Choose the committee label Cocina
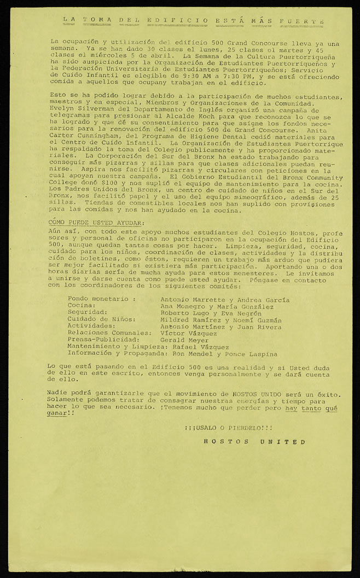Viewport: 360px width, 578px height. (x=82, y=306)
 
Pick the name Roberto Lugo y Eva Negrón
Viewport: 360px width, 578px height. (x=211, y=313)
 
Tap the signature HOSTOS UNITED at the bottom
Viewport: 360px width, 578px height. (x=254, y=441)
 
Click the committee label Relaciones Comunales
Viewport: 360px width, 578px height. (x=109, y=333)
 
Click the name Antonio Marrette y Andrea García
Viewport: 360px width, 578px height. (x=225, y=300)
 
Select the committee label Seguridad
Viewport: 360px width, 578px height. (x=86, y=313)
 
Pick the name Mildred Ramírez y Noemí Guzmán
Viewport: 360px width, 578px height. (x=221, y=320)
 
